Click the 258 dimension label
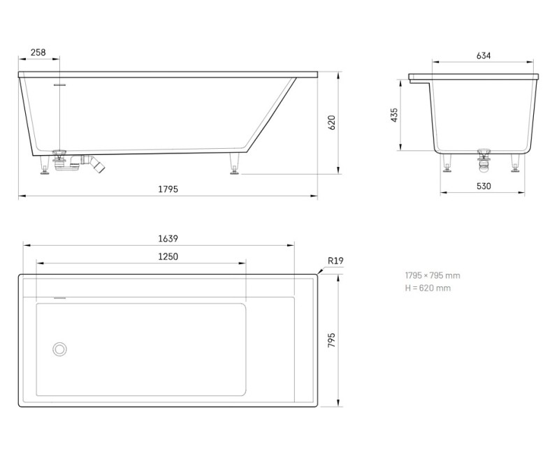pos(38,53)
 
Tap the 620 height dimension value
pos(332,122)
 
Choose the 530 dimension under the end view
pos(484,186)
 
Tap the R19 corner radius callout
pos(336,261)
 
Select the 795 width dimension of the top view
pos(332,340)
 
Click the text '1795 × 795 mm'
pos(433,275)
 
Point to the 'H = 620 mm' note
pos(428,288)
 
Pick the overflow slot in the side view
pos(61,83)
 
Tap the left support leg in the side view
pos(45,166)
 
